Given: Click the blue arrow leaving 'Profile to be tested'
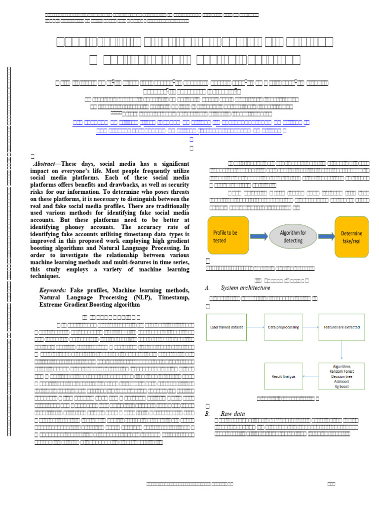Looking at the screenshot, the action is (259, 236).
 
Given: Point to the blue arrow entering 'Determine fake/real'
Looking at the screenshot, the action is (325, 236).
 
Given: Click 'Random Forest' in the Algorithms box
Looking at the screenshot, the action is (341, 371).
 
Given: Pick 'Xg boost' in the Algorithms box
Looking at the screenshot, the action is (341, 386).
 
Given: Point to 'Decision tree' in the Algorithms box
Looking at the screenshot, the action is (341, 376).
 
